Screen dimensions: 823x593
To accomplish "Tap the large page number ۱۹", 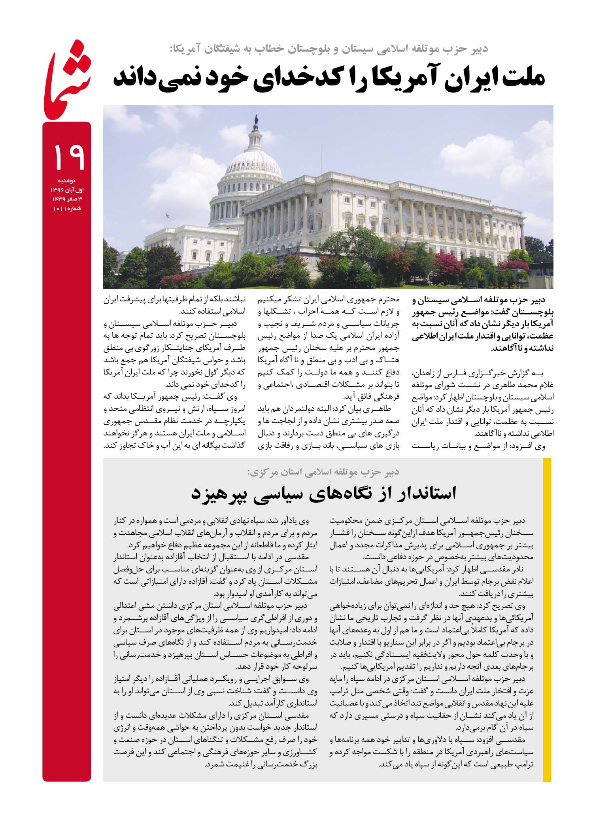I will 68,157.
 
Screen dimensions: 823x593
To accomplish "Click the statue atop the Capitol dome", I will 256,119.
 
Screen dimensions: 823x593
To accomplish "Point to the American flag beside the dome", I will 170,216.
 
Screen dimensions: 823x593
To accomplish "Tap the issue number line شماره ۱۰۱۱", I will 67,208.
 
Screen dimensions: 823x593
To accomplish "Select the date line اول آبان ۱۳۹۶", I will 67,190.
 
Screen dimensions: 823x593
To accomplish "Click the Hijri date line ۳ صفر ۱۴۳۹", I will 67,199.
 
